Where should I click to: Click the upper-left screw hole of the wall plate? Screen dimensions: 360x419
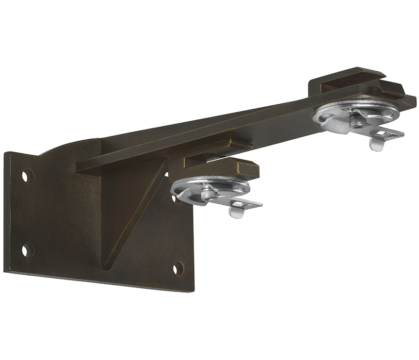28,175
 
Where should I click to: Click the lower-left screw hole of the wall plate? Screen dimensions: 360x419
27,250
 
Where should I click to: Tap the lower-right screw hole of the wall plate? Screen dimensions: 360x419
178,268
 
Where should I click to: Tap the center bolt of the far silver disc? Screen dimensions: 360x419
356,118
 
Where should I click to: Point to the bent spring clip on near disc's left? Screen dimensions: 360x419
180,194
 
